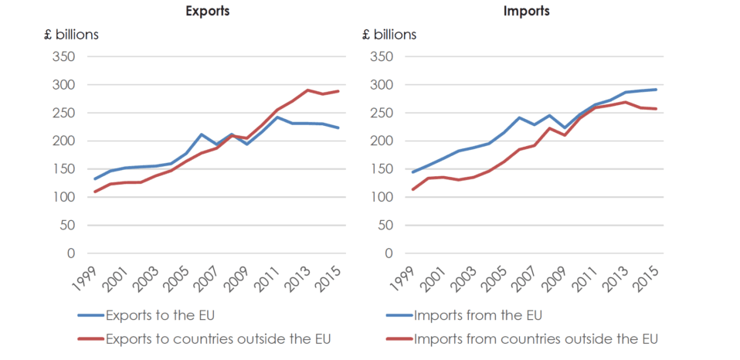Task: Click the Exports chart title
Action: pyautogui.click(x=207, y=12)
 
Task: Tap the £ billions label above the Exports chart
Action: pyautogui.click(x=71, y=34)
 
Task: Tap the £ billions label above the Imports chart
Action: pyautogui.click(x=389, y=34)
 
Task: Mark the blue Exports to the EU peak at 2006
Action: pyautogui.click(x=201, y=134)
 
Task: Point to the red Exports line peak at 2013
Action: pyautogui.click(x=307, y=90)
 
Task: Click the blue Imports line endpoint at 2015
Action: pyautogui.click(x=656, y=90)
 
